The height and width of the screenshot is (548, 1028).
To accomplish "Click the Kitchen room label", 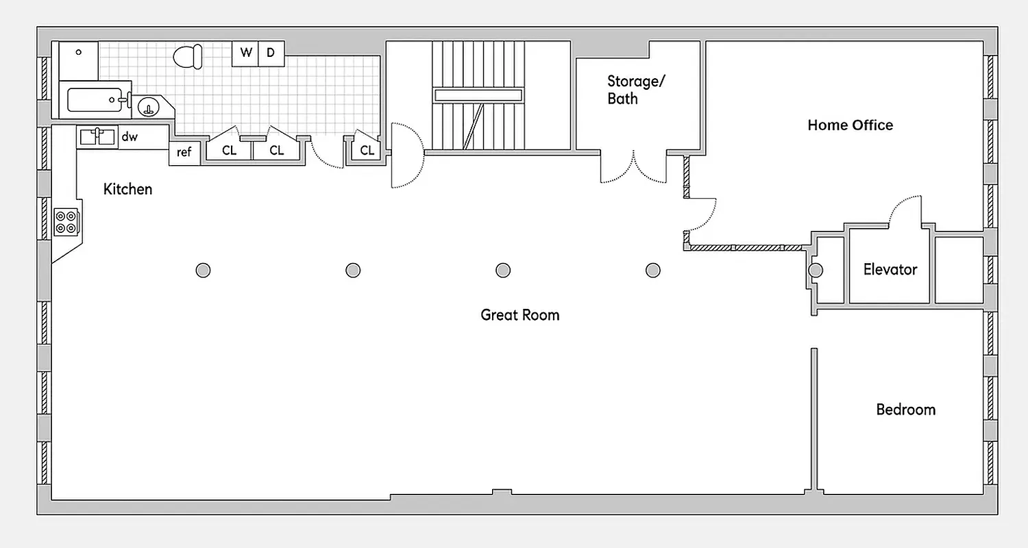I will tap(127, 189).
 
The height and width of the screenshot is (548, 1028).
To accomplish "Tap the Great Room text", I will tap(519, 315).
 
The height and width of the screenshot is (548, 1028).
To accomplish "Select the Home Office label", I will tap(850, 125).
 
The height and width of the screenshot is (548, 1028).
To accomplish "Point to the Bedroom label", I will tap(905, 410).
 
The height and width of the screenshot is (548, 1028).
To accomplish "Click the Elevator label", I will tap(890, 269).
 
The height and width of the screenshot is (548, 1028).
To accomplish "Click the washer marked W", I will tap(245, 53).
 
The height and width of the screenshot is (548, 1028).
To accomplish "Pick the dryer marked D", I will tap(271, 53).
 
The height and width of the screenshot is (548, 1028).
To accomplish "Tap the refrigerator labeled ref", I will tap(184, 153).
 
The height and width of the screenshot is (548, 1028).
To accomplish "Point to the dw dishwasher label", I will tap(130, 137).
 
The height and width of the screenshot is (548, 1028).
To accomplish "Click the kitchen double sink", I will tap(97, 136).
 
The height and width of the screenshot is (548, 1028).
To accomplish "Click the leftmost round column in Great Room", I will tap(203, 270).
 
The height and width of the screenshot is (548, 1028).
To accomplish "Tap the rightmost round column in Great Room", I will tap(652, 270).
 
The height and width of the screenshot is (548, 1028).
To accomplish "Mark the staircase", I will tap(478, 95).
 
